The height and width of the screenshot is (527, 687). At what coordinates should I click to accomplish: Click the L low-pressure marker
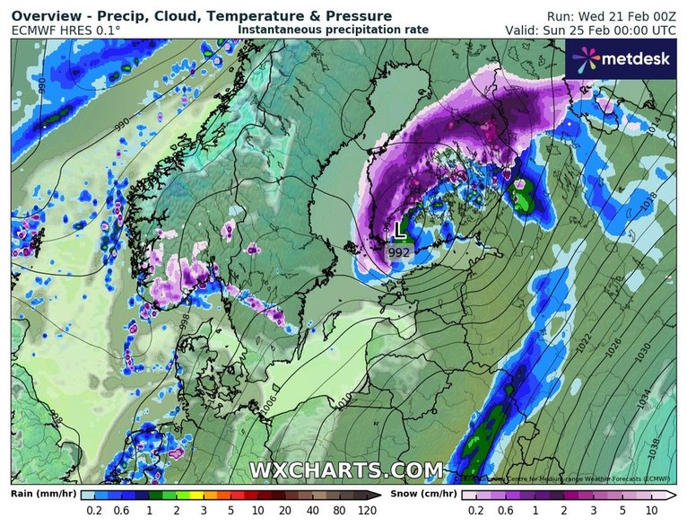pos(400,231)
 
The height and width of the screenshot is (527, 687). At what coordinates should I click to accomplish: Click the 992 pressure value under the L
pos(400,253)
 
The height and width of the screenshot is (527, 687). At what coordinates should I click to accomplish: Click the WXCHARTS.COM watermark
pos(345,470)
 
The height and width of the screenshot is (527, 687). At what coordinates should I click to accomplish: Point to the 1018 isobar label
pos(652,205)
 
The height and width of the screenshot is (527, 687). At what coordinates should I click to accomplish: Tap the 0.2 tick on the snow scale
pos(469,510)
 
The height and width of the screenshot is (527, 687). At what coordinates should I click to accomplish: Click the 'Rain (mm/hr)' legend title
pos(41,494)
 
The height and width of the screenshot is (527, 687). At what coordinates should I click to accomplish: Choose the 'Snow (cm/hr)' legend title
pos(423,494)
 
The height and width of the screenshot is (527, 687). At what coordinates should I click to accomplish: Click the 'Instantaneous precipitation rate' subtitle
pos(333,30)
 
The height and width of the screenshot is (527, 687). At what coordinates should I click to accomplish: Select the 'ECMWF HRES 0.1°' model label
pos(65,30)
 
